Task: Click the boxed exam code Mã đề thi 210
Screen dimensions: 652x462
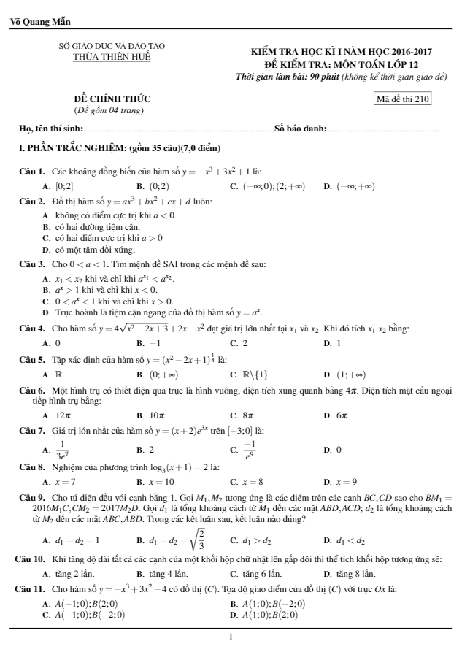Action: coord(401,100)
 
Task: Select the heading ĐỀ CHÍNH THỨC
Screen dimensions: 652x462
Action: coord(112,99)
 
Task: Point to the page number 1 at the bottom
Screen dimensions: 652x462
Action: coord(231,635)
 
